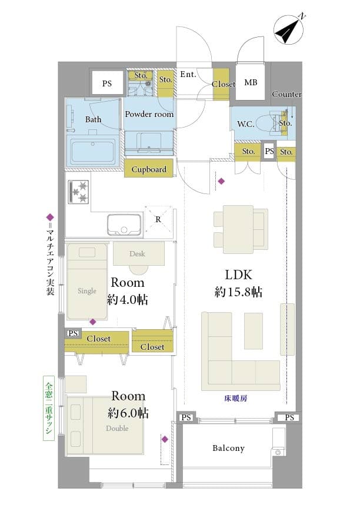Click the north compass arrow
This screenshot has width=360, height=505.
point(288,30)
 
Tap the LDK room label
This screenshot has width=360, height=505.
point(238,275)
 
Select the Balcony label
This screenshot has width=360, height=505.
point(228,448)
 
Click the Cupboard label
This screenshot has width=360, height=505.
point(149,169)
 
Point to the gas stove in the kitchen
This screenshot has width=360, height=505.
point(78,192)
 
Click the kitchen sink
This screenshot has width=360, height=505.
point(124,225)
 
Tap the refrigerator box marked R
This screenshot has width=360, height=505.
point(158,219)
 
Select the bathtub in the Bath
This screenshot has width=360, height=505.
point(93,151)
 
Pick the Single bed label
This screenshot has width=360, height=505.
point(87,291)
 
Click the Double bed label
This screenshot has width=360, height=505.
point(117,428)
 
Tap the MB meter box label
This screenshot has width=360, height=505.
point(251,82)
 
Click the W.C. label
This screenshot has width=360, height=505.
point(245,124)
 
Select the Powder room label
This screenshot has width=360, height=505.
point(149,114)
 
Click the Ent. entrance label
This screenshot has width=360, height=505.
point(188,75)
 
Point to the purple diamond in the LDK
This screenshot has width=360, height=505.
point(221,181)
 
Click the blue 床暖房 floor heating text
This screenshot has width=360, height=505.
point(236,399)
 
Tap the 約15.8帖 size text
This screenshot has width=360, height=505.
point(238,292)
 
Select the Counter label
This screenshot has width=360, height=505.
point(286,95)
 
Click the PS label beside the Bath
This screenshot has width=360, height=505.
point(107,83)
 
